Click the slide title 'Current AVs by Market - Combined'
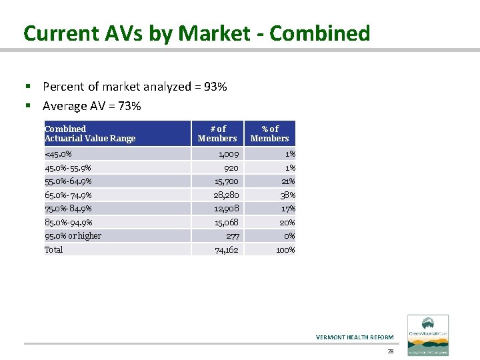tap(197, 33)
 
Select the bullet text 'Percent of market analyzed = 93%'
tap(135, 87)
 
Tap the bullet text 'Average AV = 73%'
tap(91, 106)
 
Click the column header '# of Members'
tap(217, 133)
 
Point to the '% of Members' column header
tap(269, 133)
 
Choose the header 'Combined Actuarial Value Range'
tap(90, 133)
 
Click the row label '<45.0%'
tap(58, 154)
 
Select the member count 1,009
tap(228, 154)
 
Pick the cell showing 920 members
tap(231, 168)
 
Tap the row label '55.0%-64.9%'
tap(68, 181)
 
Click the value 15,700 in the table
tap(226, 181)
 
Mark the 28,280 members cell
tap(226, 195)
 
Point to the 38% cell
tap(287, 195)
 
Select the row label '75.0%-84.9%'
tap(68, 209)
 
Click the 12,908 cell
tap(226, 209)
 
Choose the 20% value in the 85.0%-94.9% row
tap(287, 223)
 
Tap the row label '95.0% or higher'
tap(73, 236)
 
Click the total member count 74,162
tap(226, 250)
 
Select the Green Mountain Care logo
tap(428, 335)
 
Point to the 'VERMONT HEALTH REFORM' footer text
tap(355, 337)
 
